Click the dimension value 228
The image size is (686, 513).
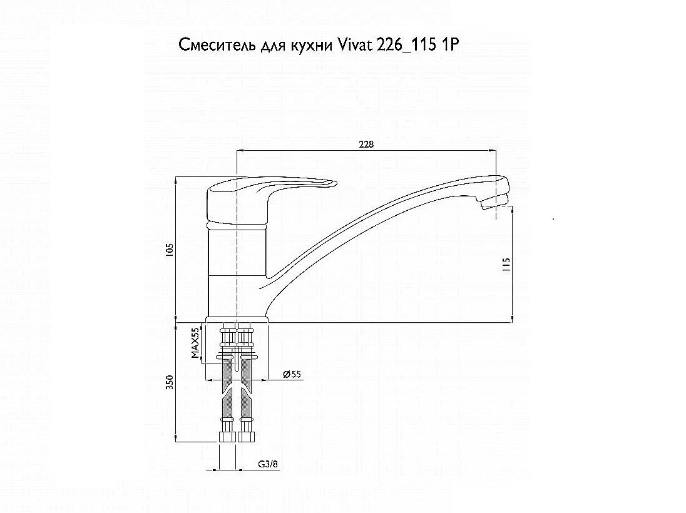tap(367, 144)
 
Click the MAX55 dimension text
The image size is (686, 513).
tap(195, 343)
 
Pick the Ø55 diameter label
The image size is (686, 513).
tap(292, 374)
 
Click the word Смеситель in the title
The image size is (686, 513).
tap(215, 46)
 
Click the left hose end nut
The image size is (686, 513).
tap(228, 437)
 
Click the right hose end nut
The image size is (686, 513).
tap(245, 437)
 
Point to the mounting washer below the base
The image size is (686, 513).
tap(236, 357)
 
